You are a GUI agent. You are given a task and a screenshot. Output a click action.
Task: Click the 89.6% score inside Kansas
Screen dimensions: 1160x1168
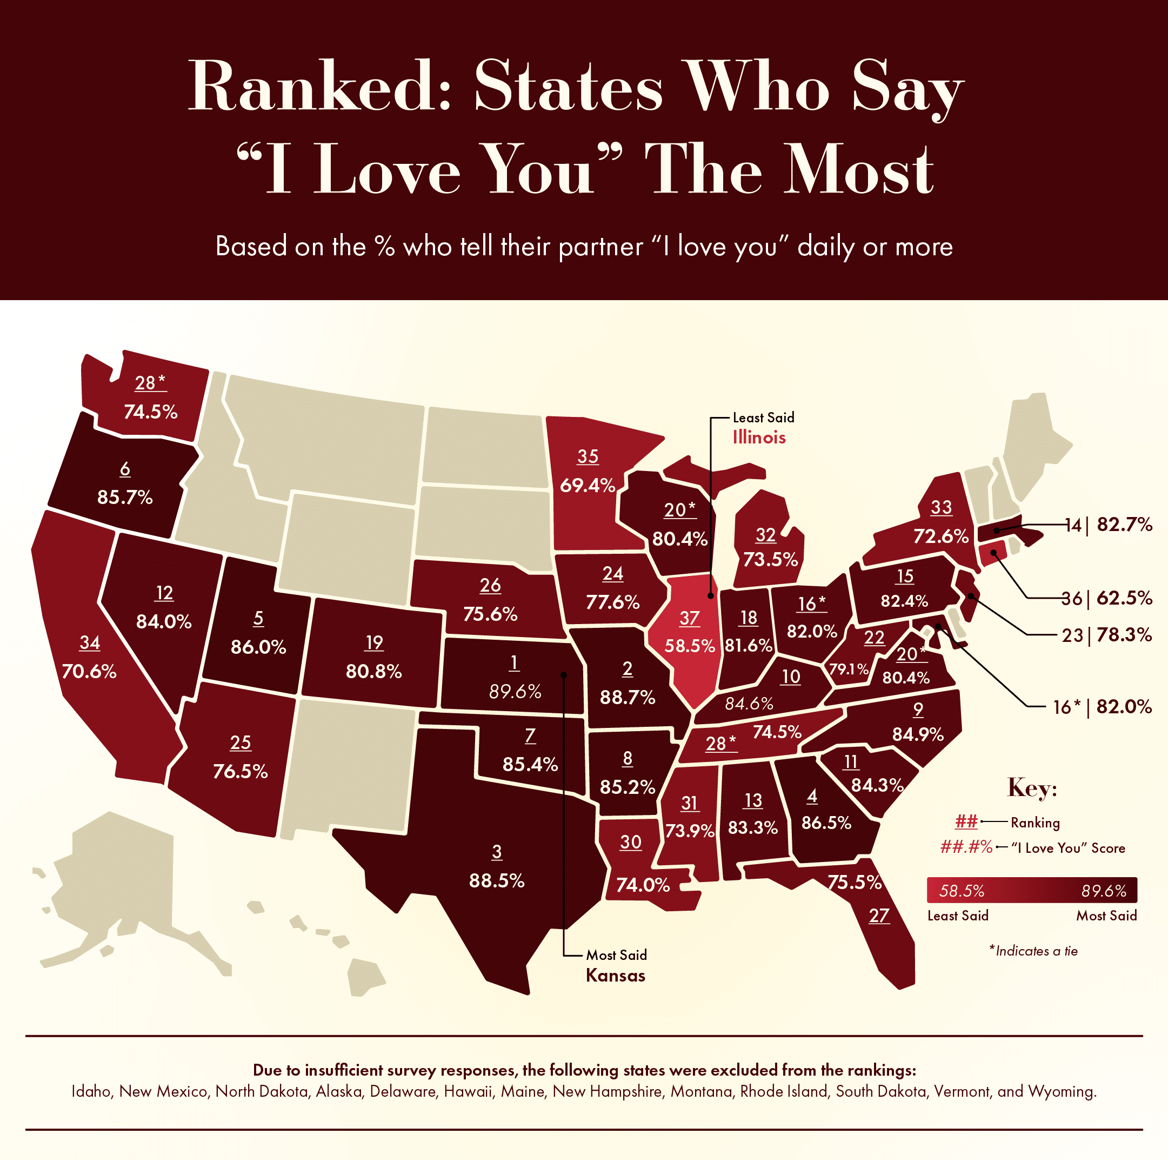point(515,691)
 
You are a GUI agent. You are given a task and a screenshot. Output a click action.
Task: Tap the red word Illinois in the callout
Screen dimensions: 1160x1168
point(759,438)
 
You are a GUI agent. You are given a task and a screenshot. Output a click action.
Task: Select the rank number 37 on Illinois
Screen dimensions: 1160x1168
point(689,618)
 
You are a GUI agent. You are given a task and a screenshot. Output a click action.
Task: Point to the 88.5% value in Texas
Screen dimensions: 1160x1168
point(497,880)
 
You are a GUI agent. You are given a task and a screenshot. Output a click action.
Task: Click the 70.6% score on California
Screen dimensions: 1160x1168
point(89,671)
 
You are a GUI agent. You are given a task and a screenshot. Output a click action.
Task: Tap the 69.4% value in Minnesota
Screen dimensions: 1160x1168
point(588,485)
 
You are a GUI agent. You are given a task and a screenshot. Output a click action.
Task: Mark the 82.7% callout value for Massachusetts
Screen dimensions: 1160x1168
point(1124,525)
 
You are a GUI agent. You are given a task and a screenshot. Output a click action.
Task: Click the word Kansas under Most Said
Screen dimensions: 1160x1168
point(616,976)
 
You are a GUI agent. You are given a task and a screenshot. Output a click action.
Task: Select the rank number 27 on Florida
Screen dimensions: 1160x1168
point(879,915)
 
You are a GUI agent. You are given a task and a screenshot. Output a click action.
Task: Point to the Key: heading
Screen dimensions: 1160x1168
point(1032,788)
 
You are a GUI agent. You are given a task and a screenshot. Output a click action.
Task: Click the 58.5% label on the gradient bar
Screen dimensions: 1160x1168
point(961,891)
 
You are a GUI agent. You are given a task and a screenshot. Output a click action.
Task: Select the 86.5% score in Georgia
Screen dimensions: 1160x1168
point(826,823)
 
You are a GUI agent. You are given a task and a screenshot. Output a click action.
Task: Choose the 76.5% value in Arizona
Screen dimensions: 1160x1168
point(240,771)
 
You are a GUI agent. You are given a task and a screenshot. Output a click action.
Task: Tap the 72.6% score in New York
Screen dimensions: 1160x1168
point(940,536)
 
